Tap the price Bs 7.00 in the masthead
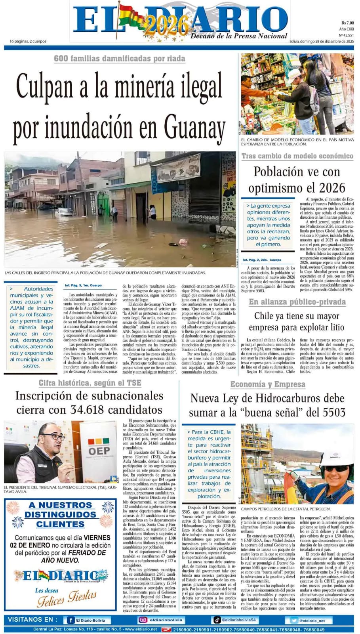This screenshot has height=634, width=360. [x=347, y=23]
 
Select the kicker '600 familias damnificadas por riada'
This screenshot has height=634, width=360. [x=120, y=59]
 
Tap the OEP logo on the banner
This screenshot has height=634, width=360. [x=99, y=451]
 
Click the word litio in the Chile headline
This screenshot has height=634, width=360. [x=335, y=327]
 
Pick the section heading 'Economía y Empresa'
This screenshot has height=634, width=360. [x=268, y=384]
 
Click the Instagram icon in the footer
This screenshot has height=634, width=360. [x=143, y=620]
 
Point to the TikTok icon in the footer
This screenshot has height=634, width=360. [x=217, y=620]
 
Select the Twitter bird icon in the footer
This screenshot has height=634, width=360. [x=293, y=621]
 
